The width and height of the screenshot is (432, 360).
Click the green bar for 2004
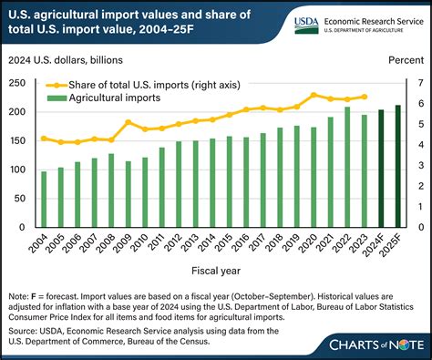(x=44, y=200)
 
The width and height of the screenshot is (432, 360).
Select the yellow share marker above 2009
(x=129, y=122)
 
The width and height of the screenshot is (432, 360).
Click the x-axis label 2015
(x=229, y=243)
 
